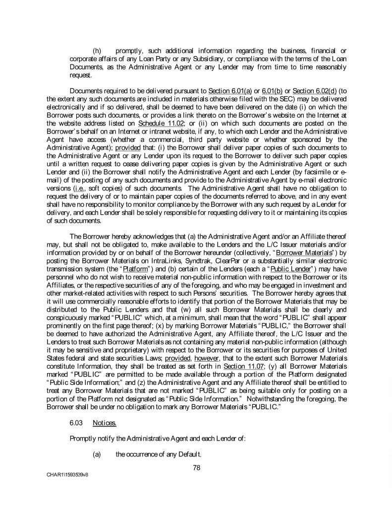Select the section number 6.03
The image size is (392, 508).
click(76, 424)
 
